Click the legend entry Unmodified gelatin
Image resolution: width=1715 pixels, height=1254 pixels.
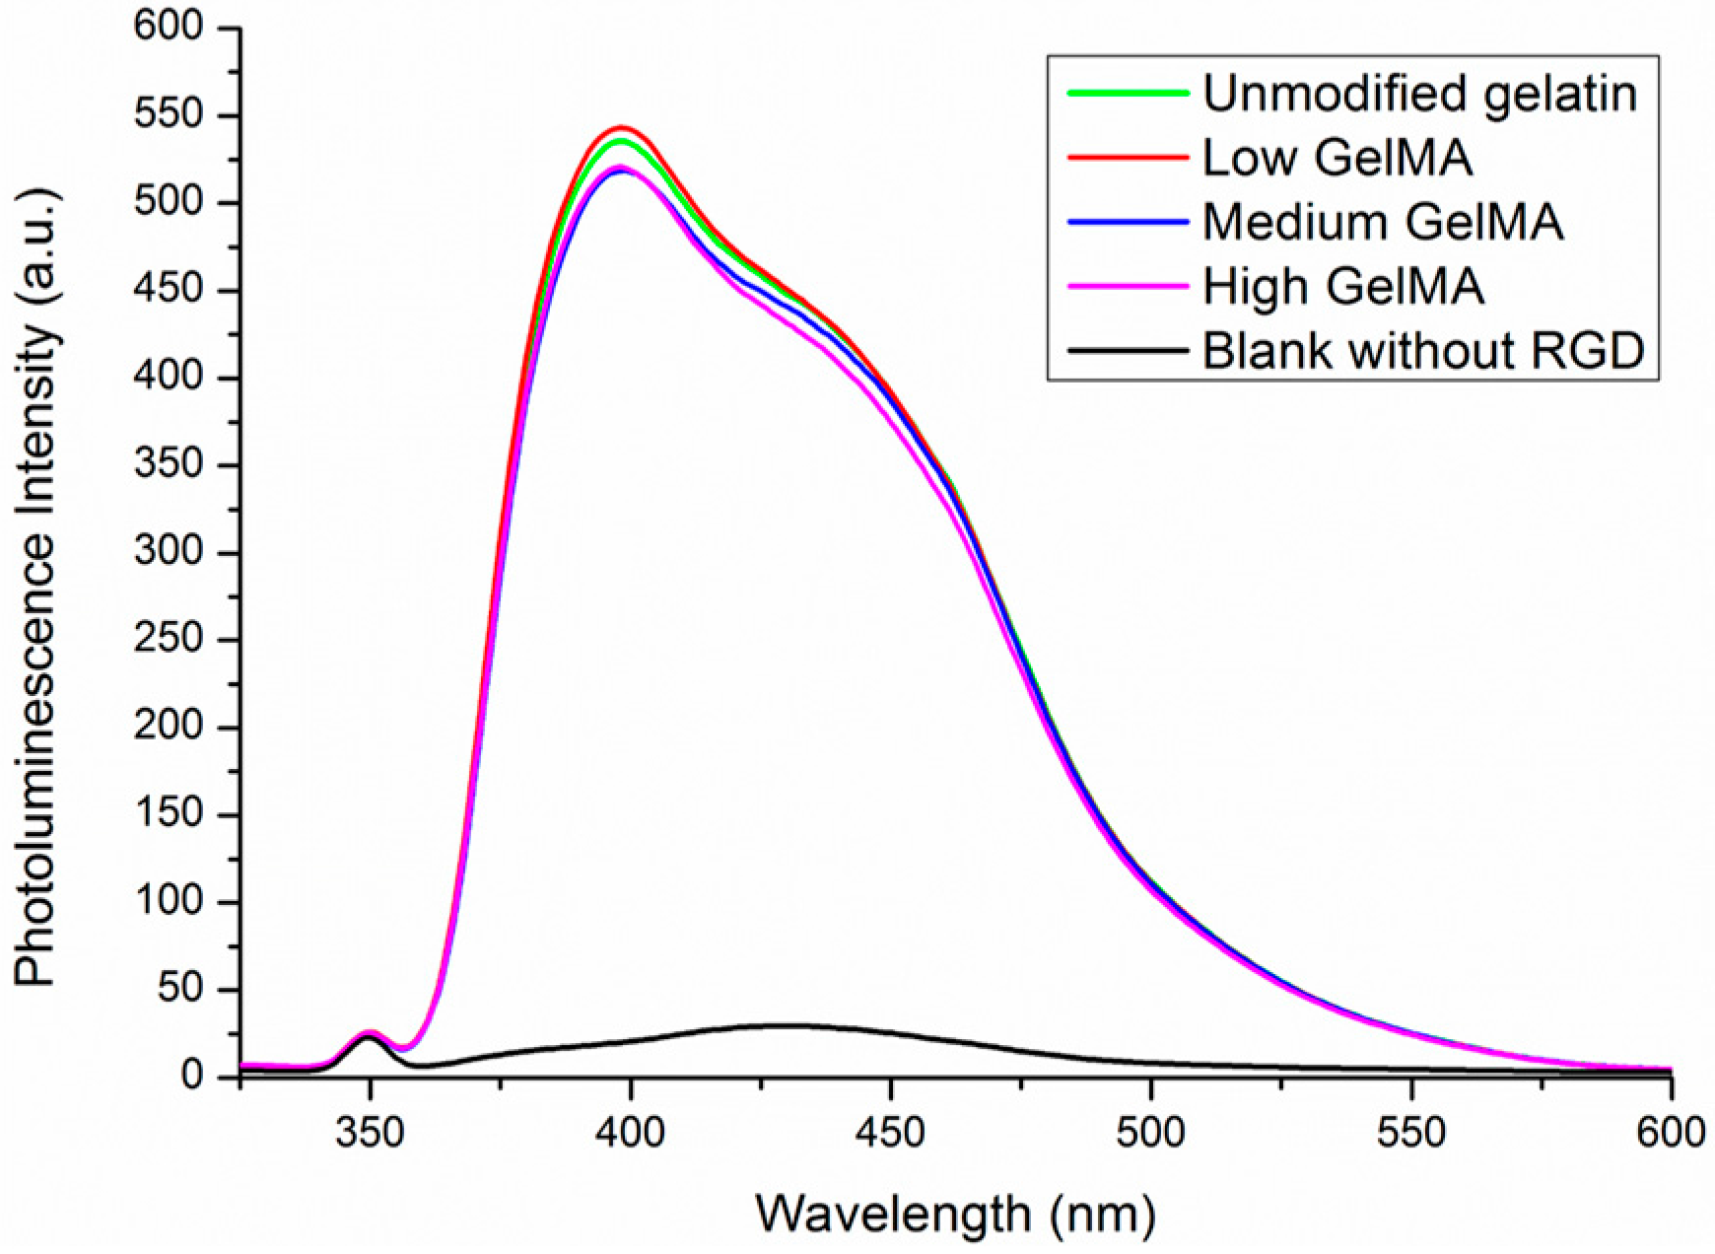pos(1419,94)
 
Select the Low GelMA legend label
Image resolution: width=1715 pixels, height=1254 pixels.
pos(1338,158)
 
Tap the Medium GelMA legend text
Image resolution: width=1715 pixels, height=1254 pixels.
pos(1382,222)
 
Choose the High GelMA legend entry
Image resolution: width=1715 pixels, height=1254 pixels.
pos(1343,286)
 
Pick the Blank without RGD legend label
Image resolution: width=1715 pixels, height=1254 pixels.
pos(1423,350)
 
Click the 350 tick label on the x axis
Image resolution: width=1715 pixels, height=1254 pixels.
pos(370,1133)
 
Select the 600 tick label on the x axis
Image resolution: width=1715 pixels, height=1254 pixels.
pos(1671,1133)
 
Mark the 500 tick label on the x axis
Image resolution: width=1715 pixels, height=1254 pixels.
pos(1150,1133)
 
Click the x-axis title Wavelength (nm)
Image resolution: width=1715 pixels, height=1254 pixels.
pos(954,1214)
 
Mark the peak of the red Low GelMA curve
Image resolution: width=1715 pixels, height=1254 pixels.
pos(622,127)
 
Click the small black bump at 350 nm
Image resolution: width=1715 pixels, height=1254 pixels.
pos(370,1037)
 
